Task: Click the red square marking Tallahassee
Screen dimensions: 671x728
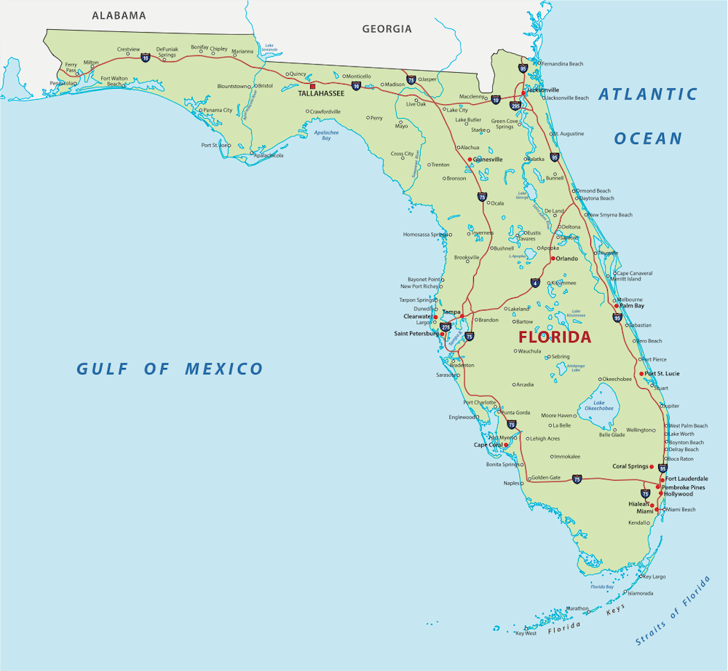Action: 312,85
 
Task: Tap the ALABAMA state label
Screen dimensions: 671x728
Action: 119,15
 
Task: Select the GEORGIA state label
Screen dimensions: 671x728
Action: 387,29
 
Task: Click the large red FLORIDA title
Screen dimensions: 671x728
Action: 554,337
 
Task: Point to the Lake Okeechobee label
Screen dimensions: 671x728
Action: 598,405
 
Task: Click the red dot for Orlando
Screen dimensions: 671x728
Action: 553,259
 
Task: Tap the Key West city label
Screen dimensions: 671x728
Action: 525,633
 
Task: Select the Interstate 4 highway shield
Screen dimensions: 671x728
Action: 535,283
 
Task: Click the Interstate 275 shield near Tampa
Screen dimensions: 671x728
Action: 446,328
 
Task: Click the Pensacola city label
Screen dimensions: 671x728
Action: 61,83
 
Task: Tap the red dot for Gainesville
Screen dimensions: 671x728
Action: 470,159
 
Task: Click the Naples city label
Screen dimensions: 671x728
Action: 512,483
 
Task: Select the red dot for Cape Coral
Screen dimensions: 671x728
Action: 506,444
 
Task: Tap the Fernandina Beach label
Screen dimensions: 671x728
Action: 562,64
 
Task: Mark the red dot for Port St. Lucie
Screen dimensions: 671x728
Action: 641,374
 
